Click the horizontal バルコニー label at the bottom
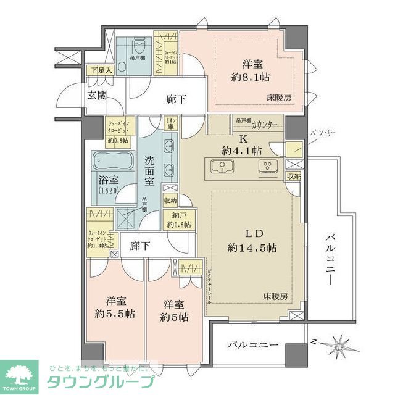(x=252, y=344)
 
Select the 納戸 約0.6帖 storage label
(x=179, y=220)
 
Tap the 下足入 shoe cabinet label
(x=101, y=70)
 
